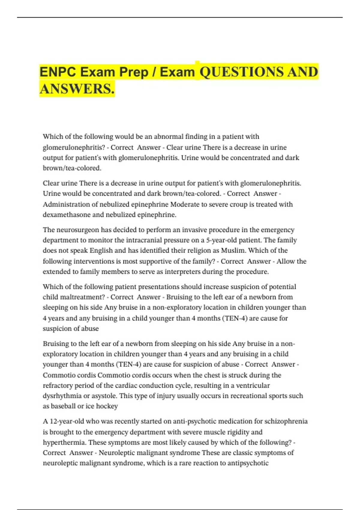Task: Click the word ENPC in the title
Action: (x=56, y=72)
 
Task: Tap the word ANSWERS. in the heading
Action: (x=77, y=89)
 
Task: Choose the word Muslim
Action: (x=233, y=250)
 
